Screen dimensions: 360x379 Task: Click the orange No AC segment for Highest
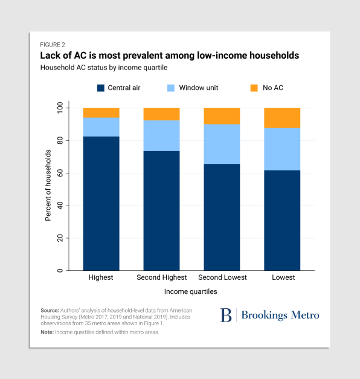click(101, 113)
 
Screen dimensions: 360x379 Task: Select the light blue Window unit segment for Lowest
click(282, 149)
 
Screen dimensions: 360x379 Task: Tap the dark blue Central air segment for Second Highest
click(162, 211)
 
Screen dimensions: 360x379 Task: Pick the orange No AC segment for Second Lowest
click(222, 116)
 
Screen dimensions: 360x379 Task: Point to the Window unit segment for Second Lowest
click(222, 144)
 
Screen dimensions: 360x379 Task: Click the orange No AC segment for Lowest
click(282, 118)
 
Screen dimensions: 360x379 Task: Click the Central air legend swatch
click(101, 88)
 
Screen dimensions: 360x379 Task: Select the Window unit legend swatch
click(171, 88)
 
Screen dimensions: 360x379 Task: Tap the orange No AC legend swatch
click(254, 88)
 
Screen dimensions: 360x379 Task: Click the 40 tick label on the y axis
click(60, 206)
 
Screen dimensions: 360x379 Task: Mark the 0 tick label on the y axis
click(60, 270)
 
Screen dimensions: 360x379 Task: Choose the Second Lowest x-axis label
click(222, 277)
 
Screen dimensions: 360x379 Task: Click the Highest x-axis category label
click(101, 277)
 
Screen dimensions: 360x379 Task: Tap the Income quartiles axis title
click(191, 291)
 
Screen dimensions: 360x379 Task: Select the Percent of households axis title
click(48, 186)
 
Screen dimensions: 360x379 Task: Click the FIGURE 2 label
click(53, 45)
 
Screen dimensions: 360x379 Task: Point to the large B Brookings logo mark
click(226, 315)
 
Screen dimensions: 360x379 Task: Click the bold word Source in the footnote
click(50, 310)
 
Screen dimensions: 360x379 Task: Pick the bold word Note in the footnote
click(47, 332)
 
